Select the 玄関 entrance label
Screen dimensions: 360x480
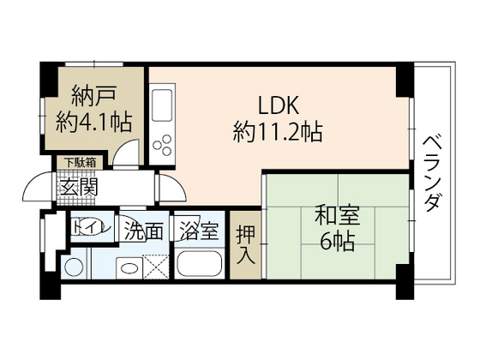tap(78, 186)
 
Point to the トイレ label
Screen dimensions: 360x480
tap(88, 228)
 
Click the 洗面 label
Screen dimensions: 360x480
tap(144, 230)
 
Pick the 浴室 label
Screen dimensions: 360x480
tap(200, 230)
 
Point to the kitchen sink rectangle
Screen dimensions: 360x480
tap(161, 108)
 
